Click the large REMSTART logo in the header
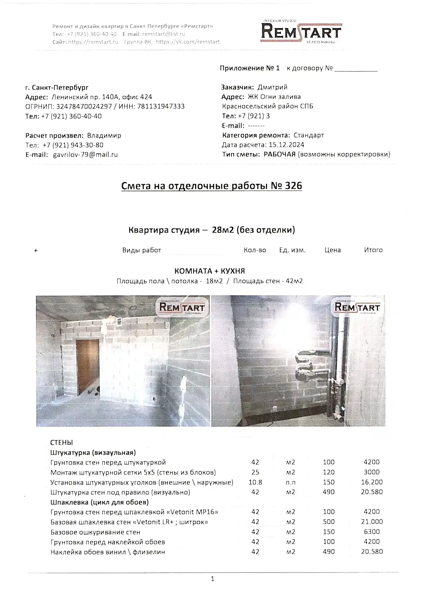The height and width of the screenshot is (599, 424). click(x=301, y=32)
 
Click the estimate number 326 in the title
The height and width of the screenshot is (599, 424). click(x=293, y=186)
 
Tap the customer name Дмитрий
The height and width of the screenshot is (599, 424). click(x=272, y=87)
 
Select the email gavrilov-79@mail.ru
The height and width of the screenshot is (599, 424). click(x=85, y=155)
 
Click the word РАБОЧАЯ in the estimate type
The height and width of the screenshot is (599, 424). click(x=279, y=154)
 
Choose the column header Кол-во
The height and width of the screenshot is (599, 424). click(x=255, y=250)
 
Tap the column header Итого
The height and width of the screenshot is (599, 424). click(x=373, y=250)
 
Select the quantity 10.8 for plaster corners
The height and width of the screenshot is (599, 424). click(x=255, y=482)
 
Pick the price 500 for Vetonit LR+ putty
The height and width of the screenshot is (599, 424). click(x=328, y=522)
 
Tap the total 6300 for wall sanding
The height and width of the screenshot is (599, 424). click(x=372, y=532)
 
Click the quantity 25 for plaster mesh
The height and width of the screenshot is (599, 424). click(x=255, y=472)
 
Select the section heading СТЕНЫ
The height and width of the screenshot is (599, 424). click(x=61, y=443)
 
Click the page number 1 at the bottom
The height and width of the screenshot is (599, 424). click(x=212, y=579)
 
